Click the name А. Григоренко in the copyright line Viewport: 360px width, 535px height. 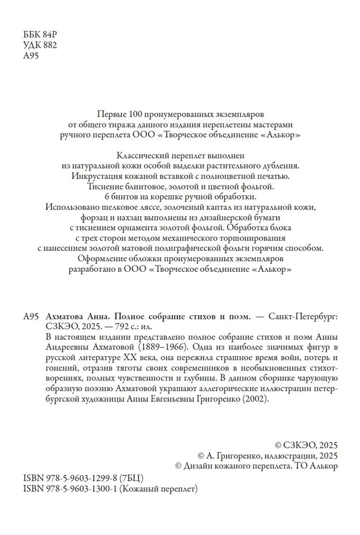point(233,455)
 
